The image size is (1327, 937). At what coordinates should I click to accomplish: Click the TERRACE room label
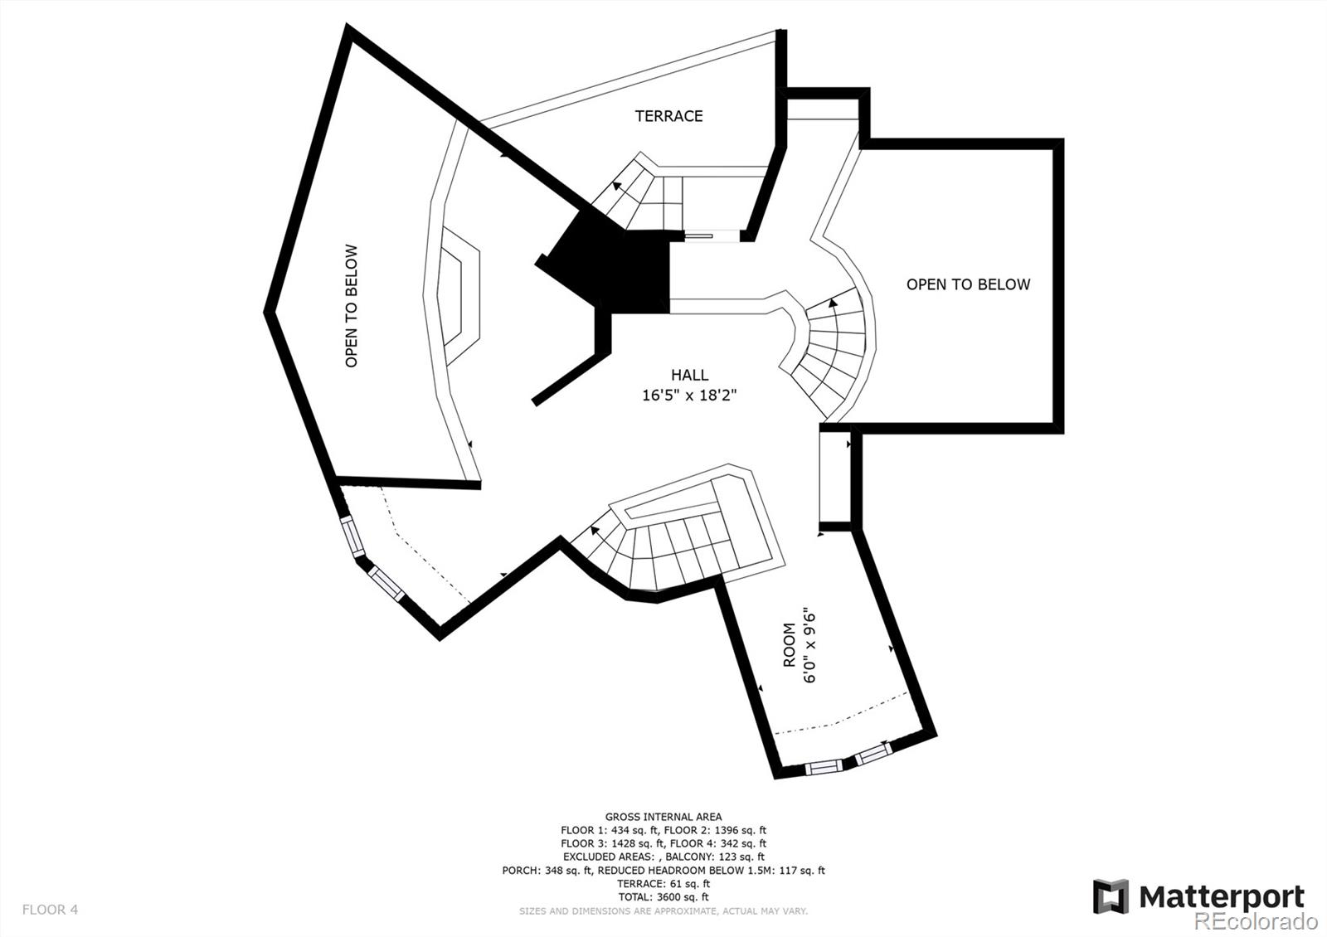click(668, 116)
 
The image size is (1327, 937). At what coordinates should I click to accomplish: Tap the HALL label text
click(689, 376)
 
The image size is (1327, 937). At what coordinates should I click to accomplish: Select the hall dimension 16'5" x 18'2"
click(689, 396)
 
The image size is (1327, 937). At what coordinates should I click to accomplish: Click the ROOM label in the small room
click(789, 645)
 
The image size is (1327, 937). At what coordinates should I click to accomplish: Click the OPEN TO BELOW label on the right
click(968, 284)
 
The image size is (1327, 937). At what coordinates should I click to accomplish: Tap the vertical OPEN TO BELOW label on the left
click(351, 305)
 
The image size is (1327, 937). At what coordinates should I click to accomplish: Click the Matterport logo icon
click(1111, 896)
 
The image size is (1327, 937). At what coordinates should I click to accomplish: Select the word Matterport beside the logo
click(1221, 897)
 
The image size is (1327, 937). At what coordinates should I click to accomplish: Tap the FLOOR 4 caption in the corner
click(50, 910)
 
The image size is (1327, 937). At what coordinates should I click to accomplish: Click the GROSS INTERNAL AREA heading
click(663, 817)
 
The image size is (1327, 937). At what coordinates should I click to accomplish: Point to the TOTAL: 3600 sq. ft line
click(663, 897)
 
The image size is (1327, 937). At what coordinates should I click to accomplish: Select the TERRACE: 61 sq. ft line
click(663, 884)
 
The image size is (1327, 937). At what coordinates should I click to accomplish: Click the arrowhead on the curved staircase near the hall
click(832, 303)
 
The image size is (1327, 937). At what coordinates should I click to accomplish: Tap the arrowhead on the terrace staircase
click(617, 186)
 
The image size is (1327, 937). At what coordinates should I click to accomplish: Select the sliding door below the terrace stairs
click(699, 236)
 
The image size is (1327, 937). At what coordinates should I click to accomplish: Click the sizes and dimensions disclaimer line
click(663, 910)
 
